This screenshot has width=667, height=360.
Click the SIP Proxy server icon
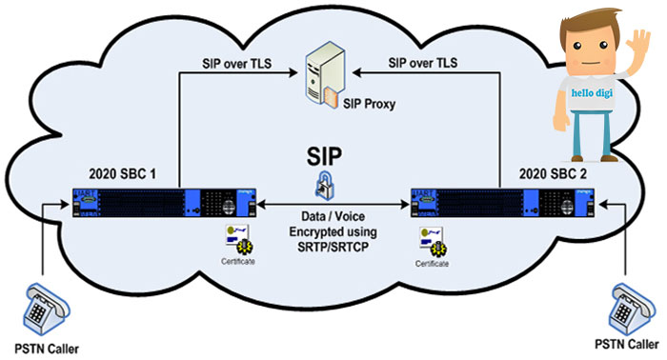pos(323,74)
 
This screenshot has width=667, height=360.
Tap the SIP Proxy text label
pos(370,104)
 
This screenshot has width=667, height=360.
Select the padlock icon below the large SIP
pos(325,185)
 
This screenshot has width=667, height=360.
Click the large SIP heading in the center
pos(324,156)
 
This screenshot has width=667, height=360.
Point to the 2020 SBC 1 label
pos(123,174)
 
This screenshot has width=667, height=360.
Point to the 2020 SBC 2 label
pos(553,174)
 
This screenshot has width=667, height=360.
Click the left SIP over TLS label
pos(236,63)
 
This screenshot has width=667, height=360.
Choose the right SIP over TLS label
pos(423,63)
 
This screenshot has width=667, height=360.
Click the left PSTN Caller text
pos(47,349)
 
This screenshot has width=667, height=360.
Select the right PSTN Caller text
pos(627,344)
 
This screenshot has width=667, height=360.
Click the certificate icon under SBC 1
pos(238,241)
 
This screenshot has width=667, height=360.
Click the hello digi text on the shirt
pos(592,92)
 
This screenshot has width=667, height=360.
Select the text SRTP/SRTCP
pos(333,247)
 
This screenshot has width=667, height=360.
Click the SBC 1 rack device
pos(164,203)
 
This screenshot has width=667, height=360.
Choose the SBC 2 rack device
pos(502,203)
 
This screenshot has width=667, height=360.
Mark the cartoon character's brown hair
pos(589,24)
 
